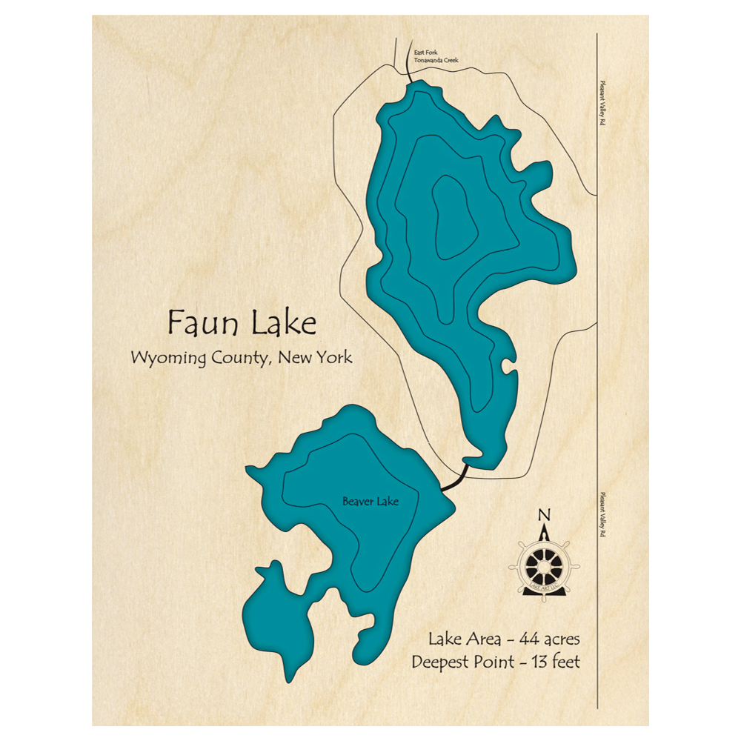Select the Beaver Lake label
(370, 502)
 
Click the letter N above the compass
(545, 516)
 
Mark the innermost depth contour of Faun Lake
(450, 219)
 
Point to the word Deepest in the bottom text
(439, 662)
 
